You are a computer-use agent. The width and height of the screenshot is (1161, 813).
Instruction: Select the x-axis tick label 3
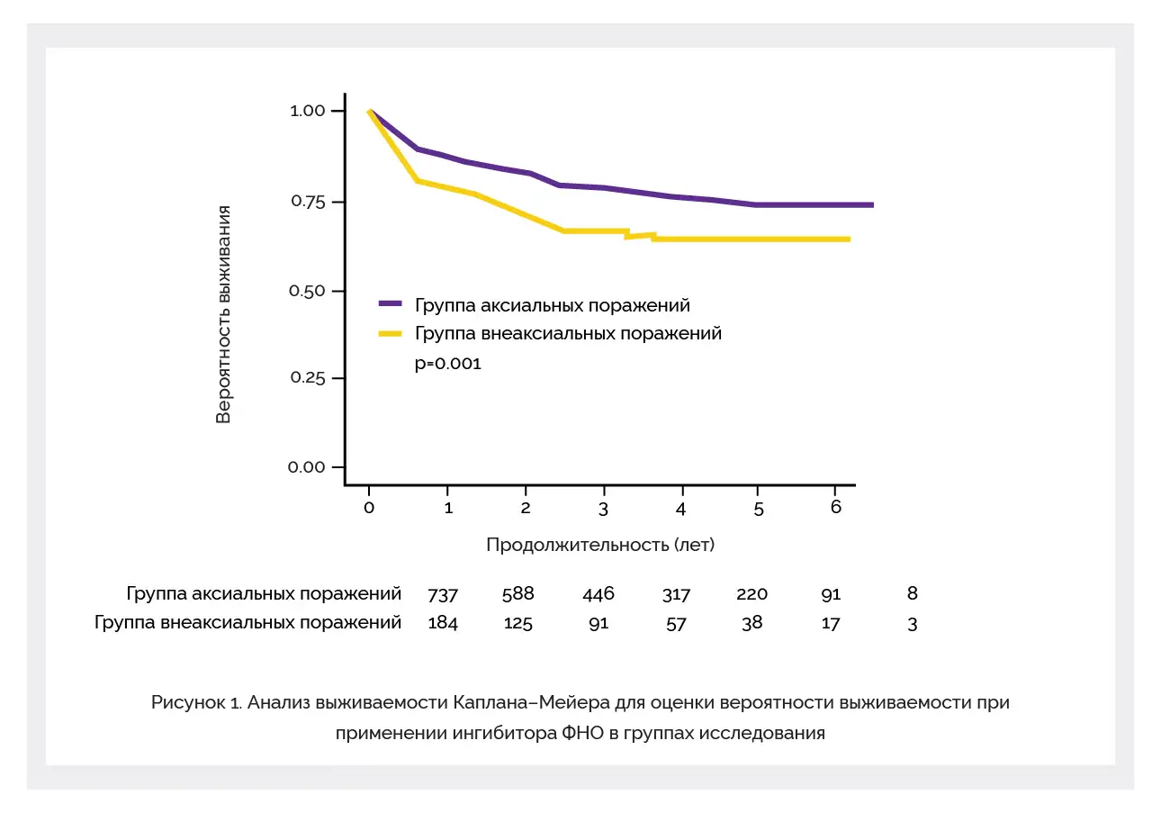[604, 509]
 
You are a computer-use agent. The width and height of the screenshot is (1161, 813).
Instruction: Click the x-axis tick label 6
[835, 507]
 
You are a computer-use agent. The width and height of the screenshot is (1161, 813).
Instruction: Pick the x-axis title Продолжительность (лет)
[600, 545]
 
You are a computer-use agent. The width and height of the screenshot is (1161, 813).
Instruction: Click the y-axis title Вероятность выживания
[224, 314]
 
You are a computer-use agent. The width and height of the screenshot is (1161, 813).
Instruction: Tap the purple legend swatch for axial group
[390, 304]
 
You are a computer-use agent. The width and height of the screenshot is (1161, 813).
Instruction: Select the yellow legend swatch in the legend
[390, 334]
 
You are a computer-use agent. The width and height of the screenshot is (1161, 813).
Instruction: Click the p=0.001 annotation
[447, 364]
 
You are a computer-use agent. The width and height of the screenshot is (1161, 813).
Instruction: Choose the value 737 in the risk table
[443, 594]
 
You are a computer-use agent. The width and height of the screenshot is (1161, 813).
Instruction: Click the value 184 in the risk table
[443, 623]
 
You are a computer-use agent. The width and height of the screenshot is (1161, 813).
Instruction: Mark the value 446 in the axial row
[598, 593]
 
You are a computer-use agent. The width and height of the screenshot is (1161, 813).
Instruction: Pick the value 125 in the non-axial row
[517, 623]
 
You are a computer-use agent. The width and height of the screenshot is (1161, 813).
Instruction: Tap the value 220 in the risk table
[751, 593]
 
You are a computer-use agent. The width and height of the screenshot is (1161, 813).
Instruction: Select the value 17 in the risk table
[831, 623]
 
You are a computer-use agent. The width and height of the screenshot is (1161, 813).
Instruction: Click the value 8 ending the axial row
[913, 593]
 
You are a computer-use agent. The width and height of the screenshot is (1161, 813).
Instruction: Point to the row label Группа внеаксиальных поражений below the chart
[247, 623]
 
